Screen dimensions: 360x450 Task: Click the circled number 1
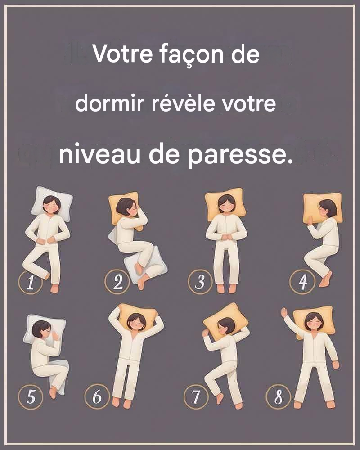click(x=31, y=282)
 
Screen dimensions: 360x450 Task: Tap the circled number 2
click(x=117, y=282)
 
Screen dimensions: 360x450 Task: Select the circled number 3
click(x=200, y=282)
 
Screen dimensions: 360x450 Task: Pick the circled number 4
click(x=302, y=282)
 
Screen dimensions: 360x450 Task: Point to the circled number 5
click(x=31, y=397)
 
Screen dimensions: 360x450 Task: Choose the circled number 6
click(x=97, y=396)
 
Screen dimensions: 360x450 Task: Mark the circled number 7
click(x=196, y=397)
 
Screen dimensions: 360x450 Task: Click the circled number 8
click(x=279, y=397)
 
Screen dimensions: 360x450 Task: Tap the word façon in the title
click(x=192, y=54)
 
